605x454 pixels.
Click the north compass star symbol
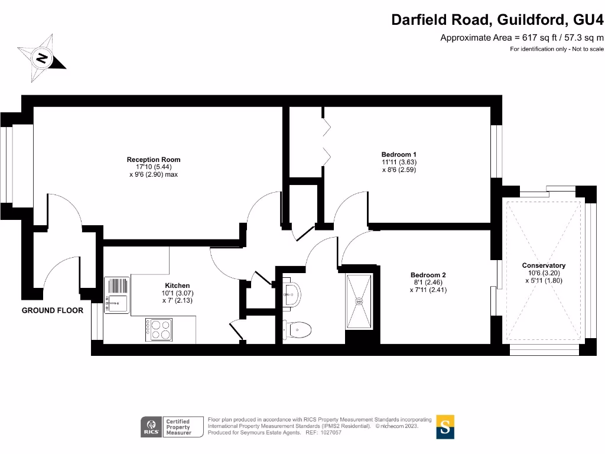point(42,58)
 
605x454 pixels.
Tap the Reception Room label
point(154,160)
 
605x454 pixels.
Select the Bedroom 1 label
point(399,155)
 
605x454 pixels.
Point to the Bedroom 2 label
point(428,275)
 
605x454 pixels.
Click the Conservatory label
point(544,266)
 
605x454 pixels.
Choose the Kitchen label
point(177,286)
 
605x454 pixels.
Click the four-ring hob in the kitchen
point(160,329)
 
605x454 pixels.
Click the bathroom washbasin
point(291,291)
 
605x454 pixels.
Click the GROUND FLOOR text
point(53,310)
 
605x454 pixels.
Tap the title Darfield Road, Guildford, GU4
point(497,20)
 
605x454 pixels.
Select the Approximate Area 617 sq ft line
point(522,38)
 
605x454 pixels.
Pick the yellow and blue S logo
point(445,427)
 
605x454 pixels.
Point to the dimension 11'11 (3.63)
point(399,163)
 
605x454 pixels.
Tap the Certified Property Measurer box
point(178,427)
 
